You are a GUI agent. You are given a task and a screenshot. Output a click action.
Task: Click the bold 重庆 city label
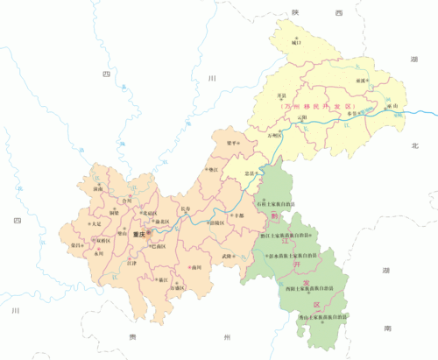[x=135, y=234]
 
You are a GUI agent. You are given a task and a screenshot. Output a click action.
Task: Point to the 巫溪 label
[x=359, y=79]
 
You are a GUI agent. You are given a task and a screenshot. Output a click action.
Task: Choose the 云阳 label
[x=303, y=116]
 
